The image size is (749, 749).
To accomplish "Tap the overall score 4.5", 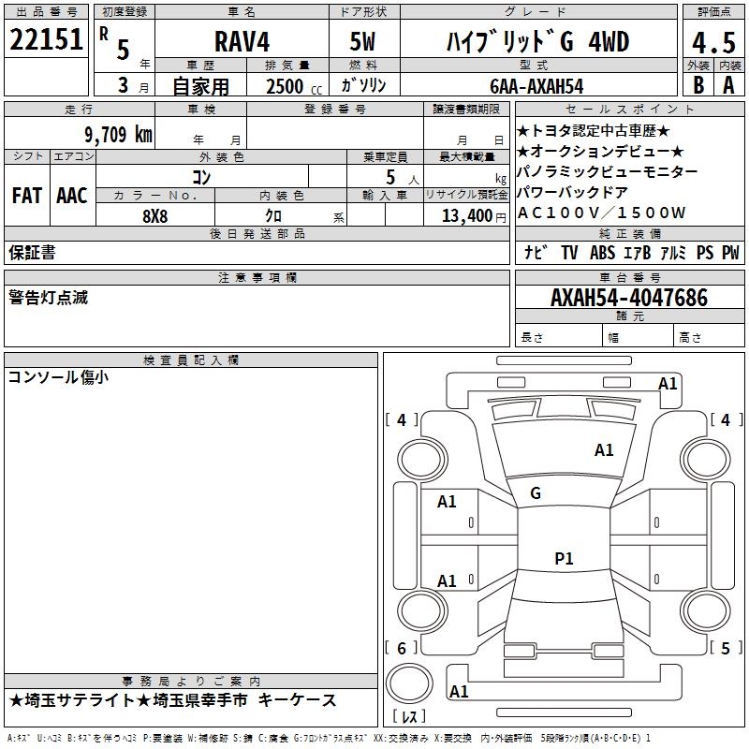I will click(712, 43).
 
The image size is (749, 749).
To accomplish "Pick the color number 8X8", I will click(154, 214).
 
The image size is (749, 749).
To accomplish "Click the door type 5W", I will click(362, 43).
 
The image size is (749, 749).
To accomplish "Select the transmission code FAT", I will click(26, 196).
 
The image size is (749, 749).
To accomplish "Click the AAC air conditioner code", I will click(72, 196).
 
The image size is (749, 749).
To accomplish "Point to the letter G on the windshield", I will click(536, 492).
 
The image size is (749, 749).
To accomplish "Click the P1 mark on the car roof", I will click(564, 559).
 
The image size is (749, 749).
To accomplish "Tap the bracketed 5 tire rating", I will click(726, 648).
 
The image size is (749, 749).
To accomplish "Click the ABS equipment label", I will click(602, 253).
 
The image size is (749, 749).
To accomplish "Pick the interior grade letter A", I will click(728, 85).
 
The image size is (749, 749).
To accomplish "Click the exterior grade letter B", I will click(698, 85).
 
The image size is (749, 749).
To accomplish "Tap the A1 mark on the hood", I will click(604, 450).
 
